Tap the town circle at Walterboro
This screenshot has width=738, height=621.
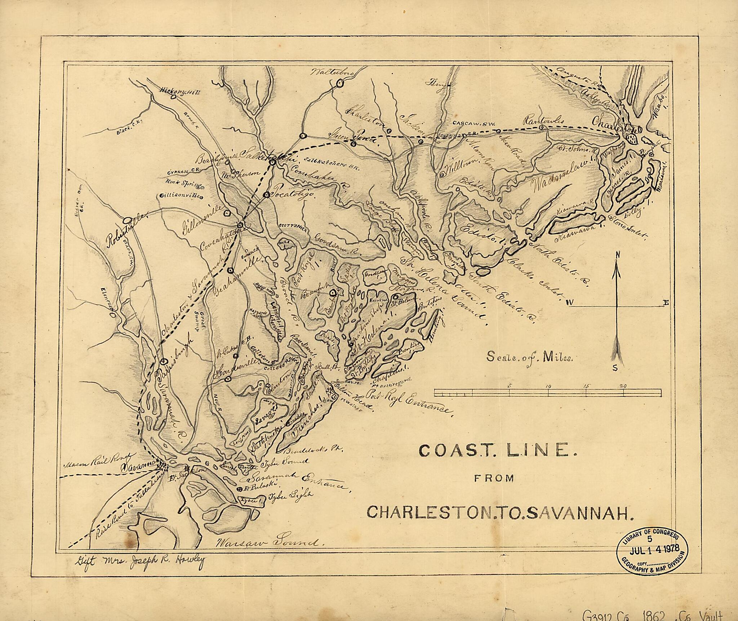pyautogui.click(x=339, y=83)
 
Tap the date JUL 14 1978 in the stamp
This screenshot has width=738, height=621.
pyautogui.click(x=653, y=559)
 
